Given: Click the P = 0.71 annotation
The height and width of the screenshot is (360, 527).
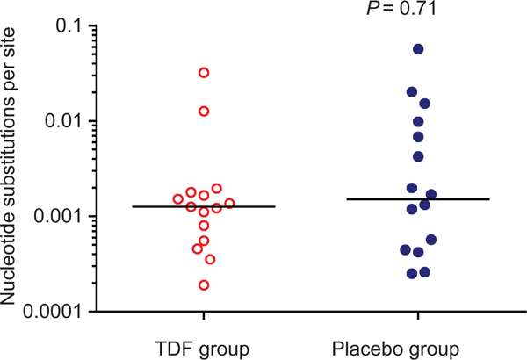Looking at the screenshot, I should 417,8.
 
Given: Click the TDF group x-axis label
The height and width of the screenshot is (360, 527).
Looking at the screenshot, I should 203,349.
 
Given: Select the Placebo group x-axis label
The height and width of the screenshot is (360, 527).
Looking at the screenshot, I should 417,349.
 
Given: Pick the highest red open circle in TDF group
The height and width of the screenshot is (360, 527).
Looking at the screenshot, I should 204,73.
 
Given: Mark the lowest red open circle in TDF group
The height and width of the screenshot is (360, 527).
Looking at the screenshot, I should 204,285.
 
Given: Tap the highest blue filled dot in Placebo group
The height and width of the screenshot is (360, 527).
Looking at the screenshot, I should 418,49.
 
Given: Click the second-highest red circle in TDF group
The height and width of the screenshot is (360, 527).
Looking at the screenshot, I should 204,112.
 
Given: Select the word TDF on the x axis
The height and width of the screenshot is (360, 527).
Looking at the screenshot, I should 180,349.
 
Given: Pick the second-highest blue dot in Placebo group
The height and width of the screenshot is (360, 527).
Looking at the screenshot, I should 412,92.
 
